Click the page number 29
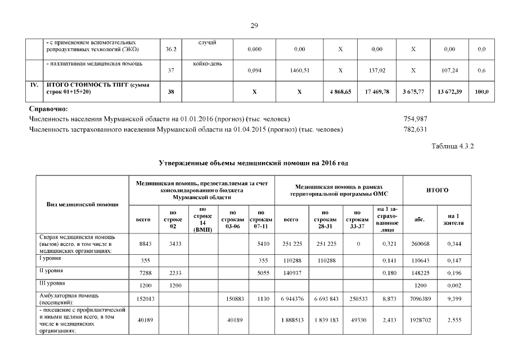254,25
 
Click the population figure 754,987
415,119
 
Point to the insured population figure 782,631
415,129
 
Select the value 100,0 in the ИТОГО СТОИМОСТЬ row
482,92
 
